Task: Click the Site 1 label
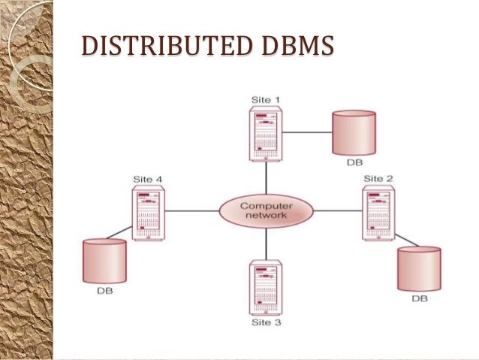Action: (266, 98)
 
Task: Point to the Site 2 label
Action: (378, 178)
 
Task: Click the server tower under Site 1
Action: (266, 133)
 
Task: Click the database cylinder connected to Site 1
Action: (354, 132)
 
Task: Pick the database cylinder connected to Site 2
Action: (419, 268)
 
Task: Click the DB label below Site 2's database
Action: (419, 298)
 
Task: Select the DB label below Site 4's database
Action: (104, 291)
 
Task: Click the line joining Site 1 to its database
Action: (308, 132)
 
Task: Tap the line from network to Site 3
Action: (267, 244)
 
